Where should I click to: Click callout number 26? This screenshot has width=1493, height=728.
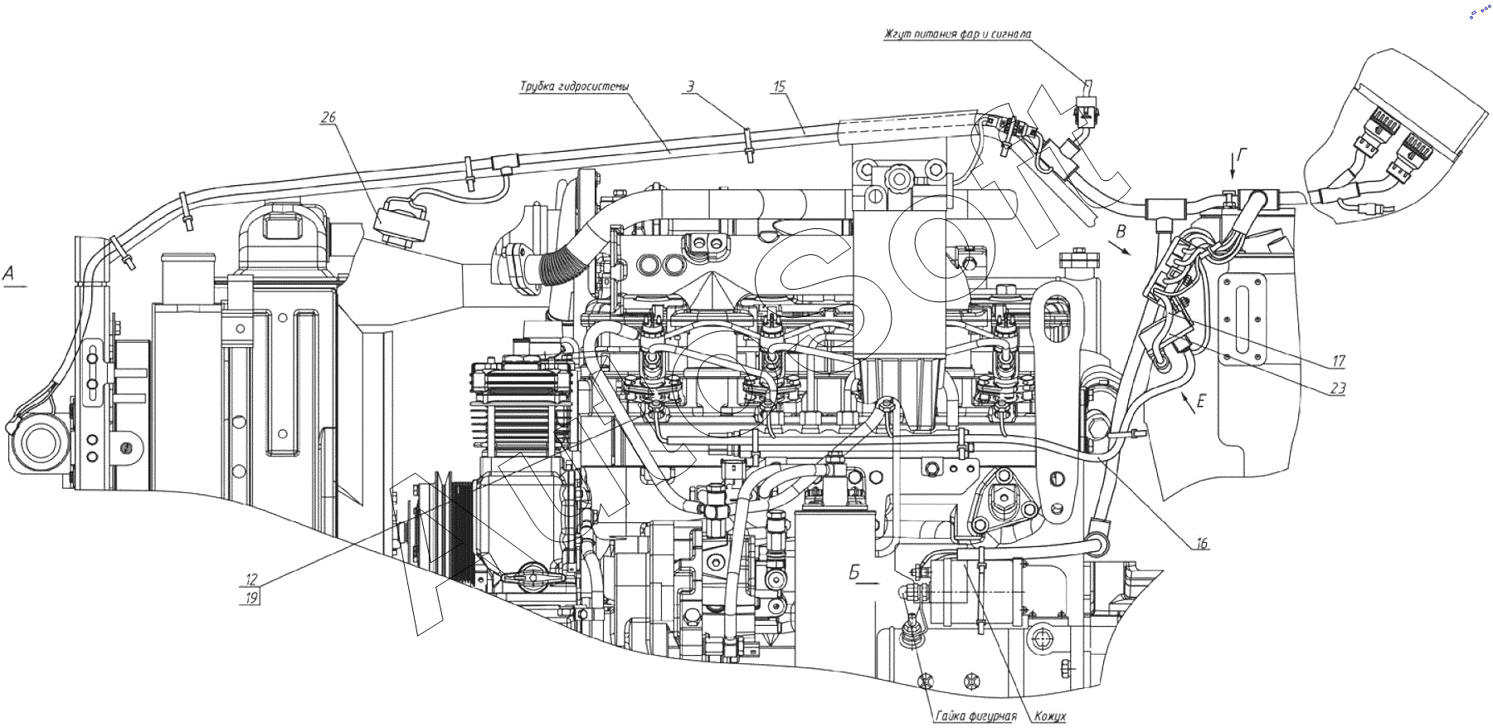click(x=328, y=117)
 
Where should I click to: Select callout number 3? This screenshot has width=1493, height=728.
click(x=690, y=86)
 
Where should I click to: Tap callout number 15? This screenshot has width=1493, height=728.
click(x=778, y=86)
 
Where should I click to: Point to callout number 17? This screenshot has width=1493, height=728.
click(x=1339, y=361)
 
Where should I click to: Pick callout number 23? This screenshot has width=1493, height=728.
click(x=1337, y=388)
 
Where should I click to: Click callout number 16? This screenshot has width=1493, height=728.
click(x=1201, y=544)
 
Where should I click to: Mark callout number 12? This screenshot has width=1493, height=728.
click(x=251, y=579)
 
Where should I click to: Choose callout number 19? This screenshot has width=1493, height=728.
click(x=251, y=597)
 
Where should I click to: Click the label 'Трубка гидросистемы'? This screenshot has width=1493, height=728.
click(x=574, y=86)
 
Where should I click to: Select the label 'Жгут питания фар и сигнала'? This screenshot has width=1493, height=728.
click(x=957, y=34)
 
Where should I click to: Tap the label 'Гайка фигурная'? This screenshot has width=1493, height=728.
click(x=975, y=716)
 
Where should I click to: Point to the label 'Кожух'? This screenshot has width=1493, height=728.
click(x=1050, y=716)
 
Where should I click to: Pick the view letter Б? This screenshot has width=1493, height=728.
click(x=854, y=572)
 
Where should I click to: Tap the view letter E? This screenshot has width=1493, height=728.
click(x=1200, y=402)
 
